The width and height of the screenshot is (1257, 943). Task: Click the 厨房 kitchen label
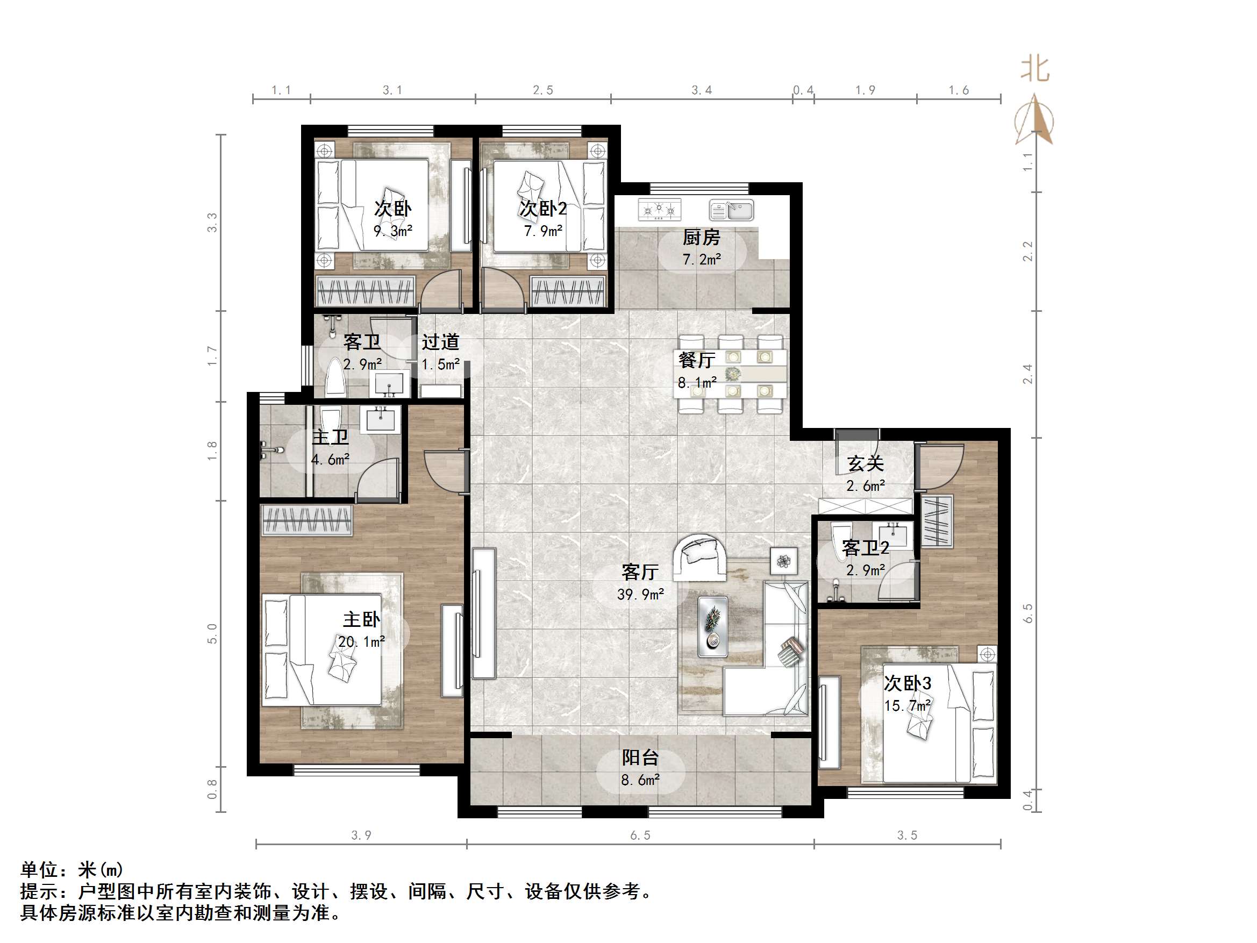click(701, 237)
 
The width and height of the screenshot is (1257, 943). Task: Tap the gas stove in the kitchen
click(659, 210)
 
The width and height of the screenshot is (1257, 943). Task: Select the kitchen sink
click(731, 210)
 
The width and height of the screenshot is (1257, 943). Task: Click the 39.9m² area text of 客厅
click(640, 595)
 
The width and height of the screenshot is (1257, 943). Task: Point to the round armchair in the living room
click(699, 556)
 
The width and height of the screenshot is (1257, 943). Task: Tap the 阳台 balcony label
click(640, 757)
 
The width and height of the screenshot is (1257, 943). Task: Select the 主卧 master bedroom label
click(361, 619)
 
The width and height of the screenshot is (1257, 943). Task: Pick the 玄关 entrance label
click(865, 463)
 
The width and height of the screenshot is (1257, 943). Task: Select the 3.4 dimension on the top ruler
click(701, 90)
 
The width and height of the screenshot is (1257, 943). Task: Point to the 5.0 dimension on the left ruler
click(212, 633)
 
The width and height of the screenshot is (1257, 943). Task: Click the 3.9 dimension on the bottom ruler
click(361, 835)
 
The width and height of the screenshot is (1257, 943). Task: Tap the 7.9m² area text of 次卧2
click(542, 231)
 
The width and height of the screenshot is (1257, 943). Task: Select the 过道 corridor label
click(440, 341)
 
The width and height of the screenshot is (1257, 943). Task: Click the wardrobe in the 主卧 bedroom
click(306, 520)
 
